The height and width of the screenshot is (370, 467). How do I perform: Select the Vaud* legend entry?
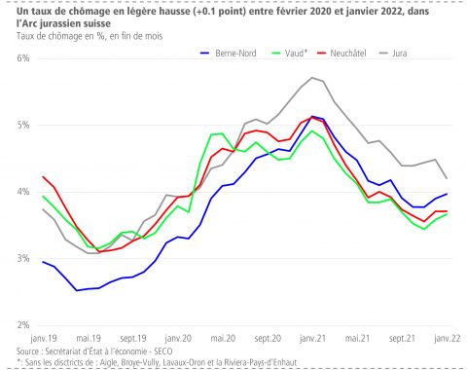tap(293, 54)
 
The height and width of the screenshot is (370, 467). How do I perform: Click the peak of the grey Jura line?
tap(311, 77)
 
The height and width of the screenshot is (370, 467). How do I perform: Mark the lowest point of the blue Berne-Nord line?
tap(77, 290)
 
